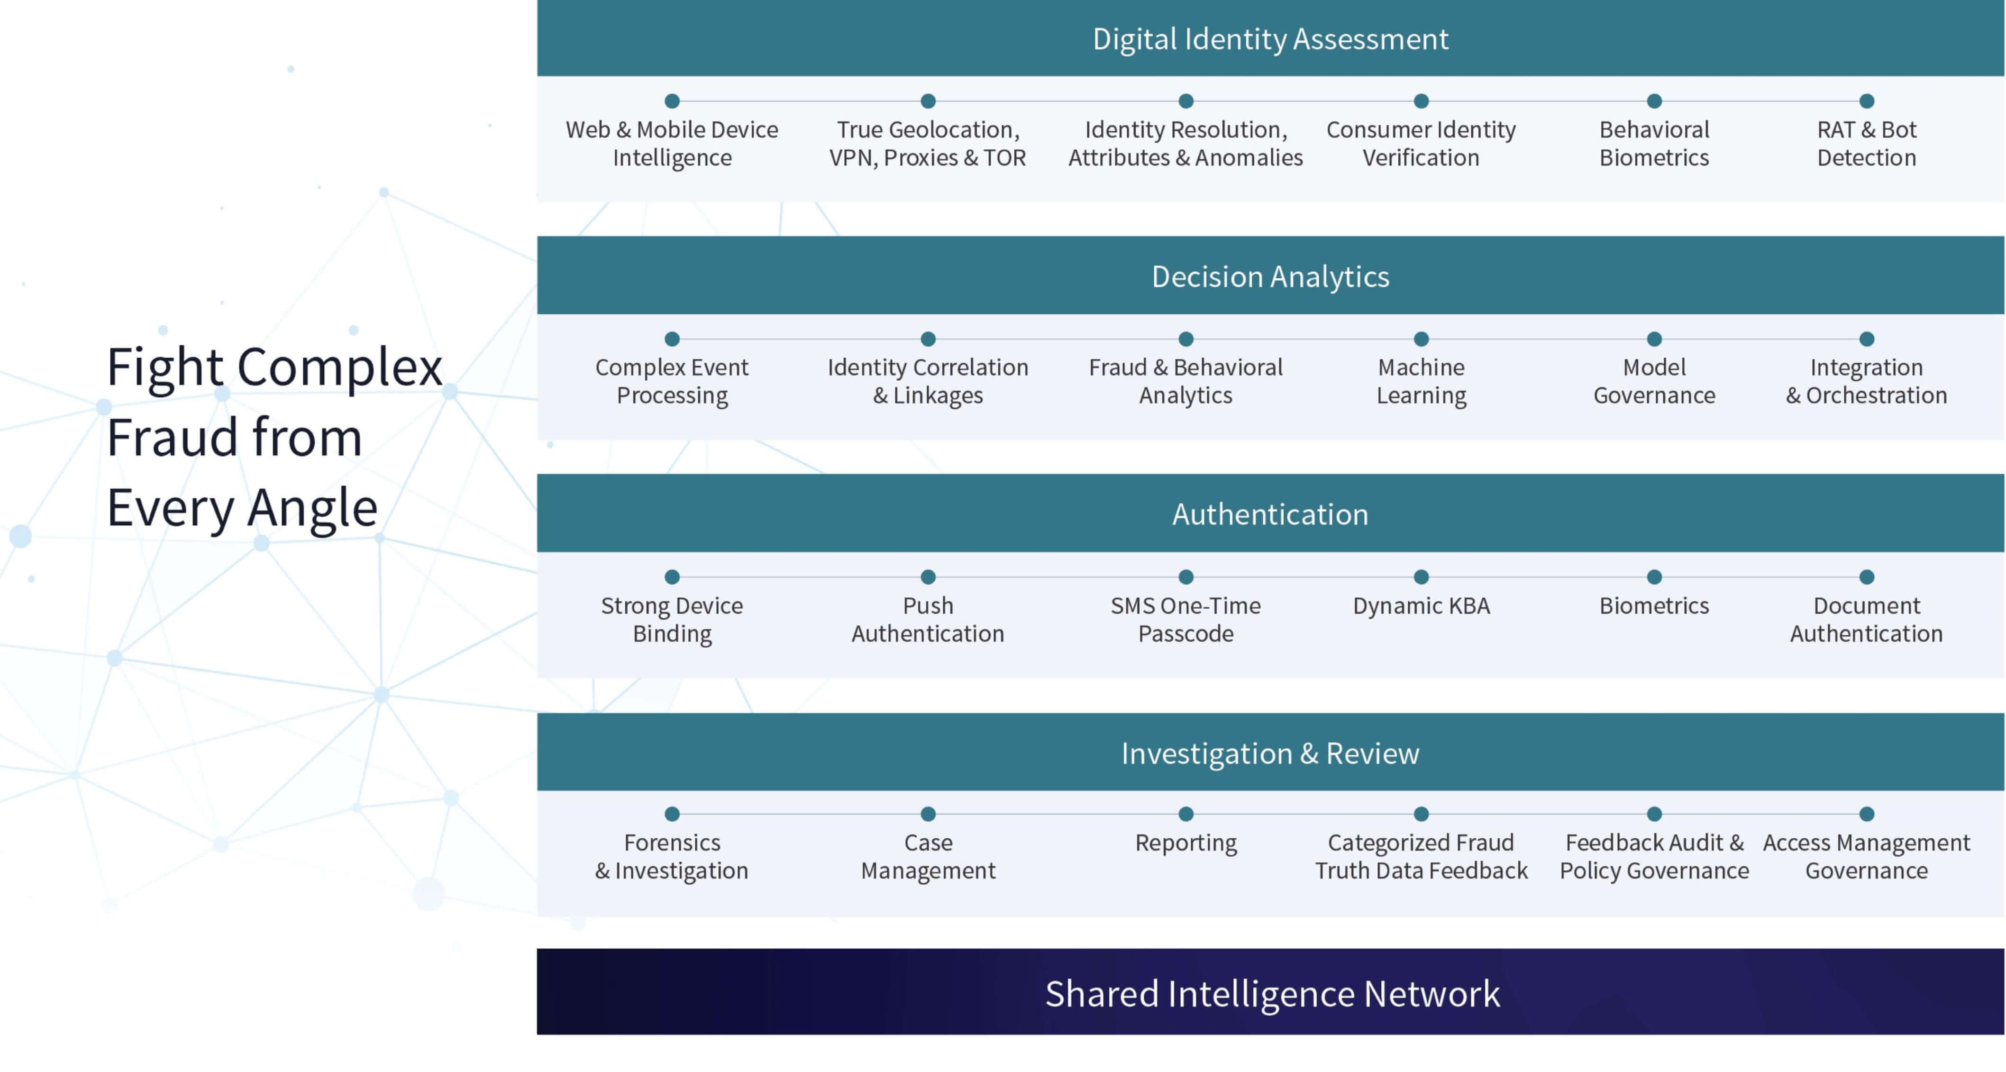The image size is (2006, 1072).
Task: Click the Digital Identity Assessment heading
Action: tap(1270, 39)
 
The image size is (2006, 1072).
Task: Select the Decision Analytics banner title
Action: tap(1270, 276)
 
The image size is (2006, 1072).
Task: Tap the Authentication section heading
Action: tap(1270, 514)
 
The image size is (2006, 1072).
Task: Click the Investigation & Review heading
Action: tap(1270, 753)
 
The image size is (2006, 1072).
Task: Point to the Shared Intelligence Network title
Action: tap(1272, 993)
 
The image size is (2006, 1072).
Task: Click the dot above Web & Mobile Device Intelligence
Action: tap(672, 101)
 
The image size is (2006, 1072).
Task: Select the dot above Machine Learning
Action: tap(1421, 339)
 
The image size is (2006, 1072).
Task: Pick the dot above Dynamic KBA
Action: tap(1421, 577)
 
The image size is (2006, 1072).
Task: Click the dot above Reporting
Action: tap(1186, 814)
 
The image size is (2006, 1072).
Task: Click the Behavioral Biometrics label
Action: tap(1654, 143)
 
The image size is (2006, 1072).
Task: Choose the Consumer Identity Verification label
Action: tap(1421, 143)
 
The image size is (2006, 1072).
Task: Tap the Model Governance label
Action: tap(1654, 381)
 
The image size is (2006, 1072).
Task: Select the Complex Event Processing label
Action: tap(672, 381)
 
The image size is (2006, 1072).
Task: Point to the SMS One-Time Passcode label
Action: tap(1186, 619)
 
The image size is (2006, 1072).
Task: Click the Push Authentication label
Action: tap(928, 619)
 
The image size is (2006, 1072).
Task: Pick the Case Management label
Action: tap(928, 856)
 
